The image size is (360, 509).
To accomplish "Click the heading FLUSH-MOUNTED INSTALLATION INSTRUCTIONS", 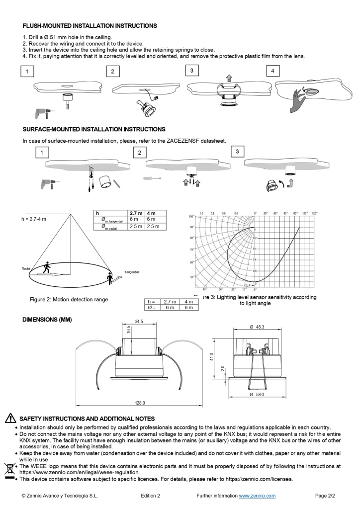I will pyautogui.click(x=90, y=25).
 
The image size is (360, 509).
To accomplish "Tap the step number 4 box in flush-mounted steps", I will pyautogui.click(x=272, y=71).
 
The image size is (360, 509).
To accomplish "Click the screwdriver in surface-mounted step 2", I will pyautogui.click(x=151, y=178).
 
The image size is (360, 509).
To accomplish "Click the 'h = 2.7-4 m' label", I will pyautogui.click(x=33, y=219).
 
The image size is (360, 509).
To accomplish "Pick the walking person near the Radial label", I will pyautogui.click(x=47, y=267).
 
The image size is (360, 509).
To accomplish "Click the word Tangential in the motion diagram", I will pyautogui.click(x=131, y=272).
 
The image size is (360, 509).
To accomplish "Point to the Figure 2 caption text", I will pyautogui.click(x=69, y=300).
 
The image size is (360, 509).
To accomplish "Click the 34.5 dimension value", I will pyautogui.click(x=139, y=322).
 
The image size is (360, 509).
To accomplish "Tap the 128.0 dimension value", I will pyautogui.click(x=140, y=403).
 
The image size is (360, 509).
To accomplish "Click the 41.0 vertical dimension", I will pyautogui.click(x=211, y=358).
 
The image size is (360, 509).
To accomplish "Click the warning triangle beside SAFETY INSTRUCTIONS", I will pyautogui.click(x=9, y=419).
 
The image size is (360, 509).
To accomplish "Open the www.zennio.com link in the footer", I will pyautogui.click(x=257, y=496).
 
